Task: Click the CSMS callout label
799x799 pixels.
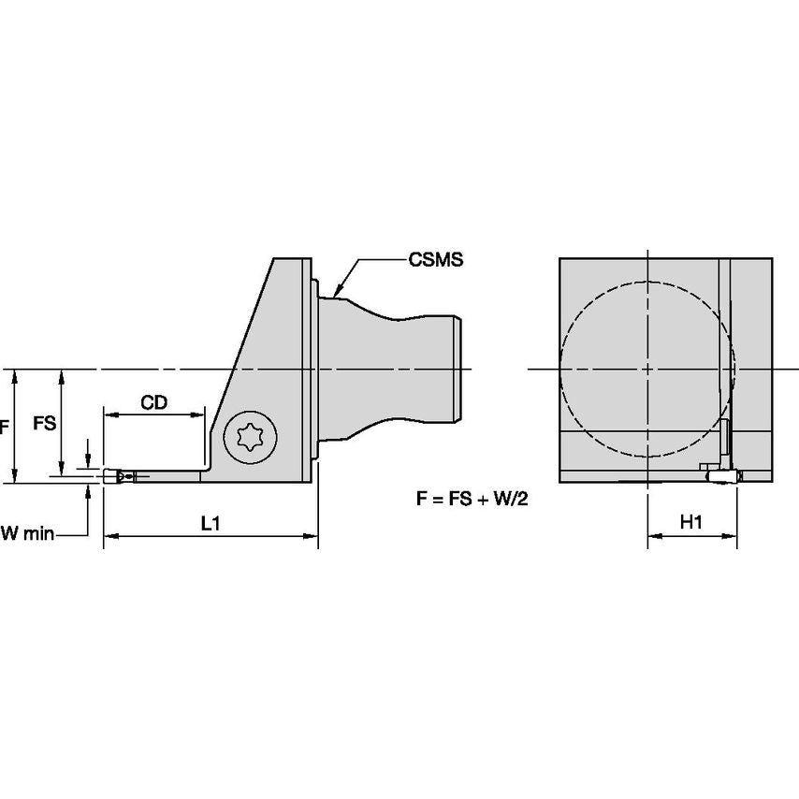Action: click(436, 260)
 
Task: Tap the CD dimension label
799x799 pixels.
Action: click(154, 402)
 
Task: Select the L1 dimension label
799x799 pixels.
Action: click(211, 524)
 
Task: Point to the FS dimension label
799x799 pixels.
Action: click(44, 423)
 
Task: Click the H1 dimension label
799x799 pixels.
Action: click(690, 524)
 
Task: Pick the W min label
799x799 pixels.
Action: click(27, 533)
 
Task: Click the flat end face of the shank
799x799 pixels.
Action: click(460, 369)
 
